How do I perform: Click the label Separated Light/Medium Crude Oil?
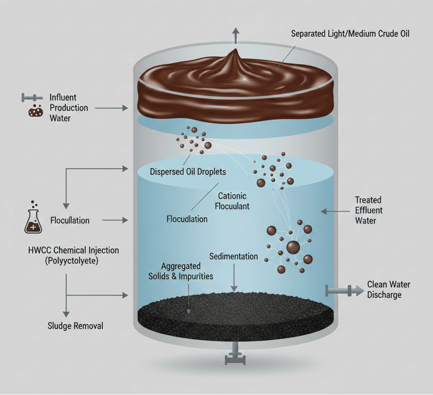350,34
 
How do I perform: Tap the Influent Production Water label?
69,108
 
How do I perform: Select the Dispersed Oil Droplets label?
188,172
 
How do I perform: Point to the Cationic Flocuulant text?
232,201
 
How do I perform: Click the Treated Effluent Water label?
369,210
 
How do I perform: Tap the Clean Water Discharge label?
388,290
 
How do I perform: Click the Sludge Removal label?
75,326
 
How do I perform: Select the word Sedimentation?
234,257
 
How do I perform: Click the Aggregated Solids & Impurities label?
187,271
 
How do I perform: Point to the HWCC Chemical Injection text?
74,250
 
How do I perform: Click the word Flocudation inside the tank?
187,219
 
